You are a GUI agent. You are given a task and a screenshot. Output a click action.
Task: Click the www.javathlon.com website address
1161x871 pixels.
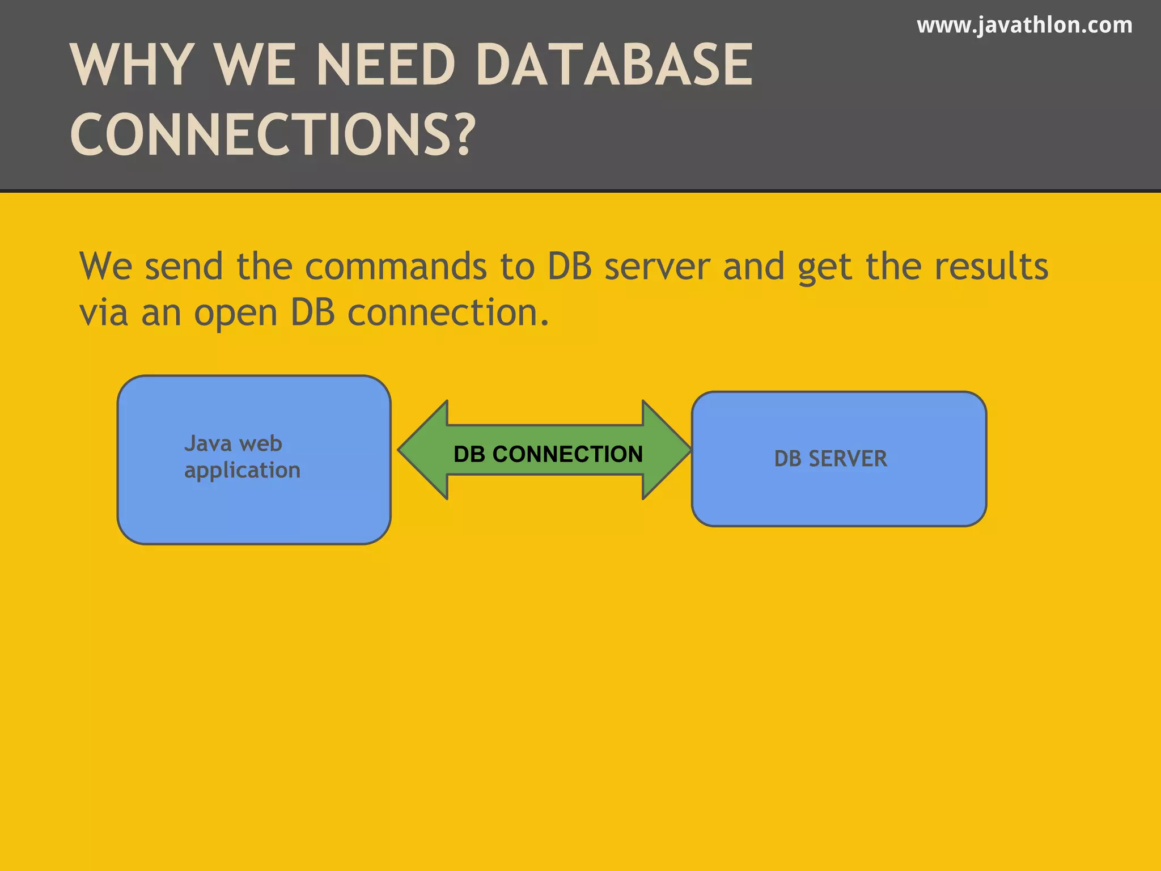(x=1024, y=26)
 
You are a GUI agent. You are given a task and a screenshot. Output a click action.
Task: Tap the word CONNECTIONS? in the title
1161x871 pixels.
(x=273, y=134)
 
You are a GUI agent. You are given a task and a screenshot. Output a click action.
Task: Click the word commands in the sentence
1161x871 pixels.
(x=396, y=267)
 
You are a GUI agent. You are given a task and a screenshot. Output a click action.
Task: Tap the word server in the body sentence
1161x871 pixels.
(x=657, y=267)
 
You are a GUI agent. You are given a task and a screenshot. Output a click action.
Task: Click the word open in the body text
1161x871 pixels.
(x=235, y=314)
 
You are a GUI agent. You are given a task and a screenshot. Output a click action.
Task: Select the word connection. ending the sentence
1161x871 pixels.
(x=448, y=312)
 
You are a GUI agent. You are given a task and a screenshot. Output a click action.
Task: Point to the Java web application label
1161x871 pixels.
(x=242, y=456)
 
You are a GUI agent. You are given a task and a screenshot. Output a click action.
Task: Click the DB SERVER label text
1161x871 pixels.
(x=831, y=459)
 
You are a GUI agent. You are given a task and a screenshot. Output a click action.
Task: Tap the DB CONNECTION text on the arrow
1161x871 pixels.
(x=548, y=454)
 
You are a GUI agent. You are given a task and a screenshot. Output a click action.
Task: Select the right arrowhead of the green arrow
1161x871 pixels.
(x=666, y=450)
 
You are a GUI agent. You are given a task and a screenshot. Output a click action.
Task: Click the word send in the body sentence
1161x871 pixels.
(x=184, y=267)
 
